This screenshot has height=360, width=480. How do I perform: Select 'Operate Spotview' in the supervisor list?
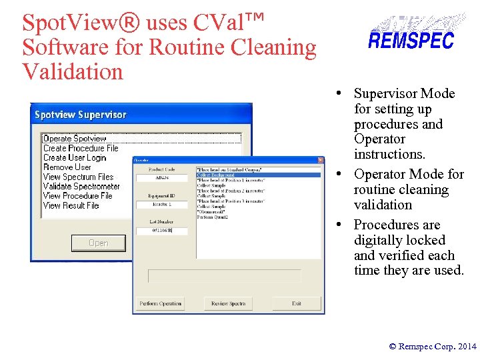pyautogui.click(x=75, y=139)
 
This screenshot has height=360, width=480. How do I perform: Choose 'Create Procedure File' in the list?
pyautogui.click(x=81, y=148)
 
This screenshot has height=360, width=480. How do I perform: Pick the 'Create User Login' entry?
pyautogui.click(x=75, y=158)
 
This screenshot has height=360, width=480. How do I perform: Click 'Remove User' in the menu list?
pyautogui.click(x=67, y=167)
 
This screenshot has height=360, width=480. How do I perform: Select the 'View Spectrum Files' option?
pyautogui.click(x=79, y=177)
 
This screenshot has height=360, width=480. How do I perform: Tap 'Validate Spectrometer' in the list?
pyautogui.click(x=81, y=187)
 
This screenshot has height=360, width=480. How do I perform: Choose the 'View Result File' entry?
pyautogui.click(x=71, y=206)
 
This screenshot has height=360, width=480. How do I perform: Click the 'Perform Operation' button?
pyautogui.click(x=161, y=303)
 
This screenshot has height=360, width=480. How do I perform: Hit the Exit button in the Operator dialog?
pyautogui.click(x=297, y=303)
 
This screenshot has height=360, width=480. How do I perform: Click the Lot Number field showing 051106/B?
pyautogui.click(x=162, y=231)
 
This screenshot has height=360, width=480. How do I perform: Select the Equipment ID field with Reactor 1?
pyautogui.click(x=162, y=203)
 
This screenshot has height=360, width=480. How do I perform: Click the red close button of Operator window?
pyautogui.click(x=319, y=161)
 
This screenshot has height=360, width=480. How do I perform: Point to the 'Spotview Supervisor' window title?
pyautogui.click(x=81, y=115)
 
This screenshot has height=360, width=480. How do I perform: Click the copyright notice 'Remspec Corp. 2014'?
pyautogui.click(x=433, y=347)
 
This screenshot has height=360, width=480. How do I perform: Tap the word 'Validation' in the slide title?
pyautogui.click(x=73, y=71)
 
